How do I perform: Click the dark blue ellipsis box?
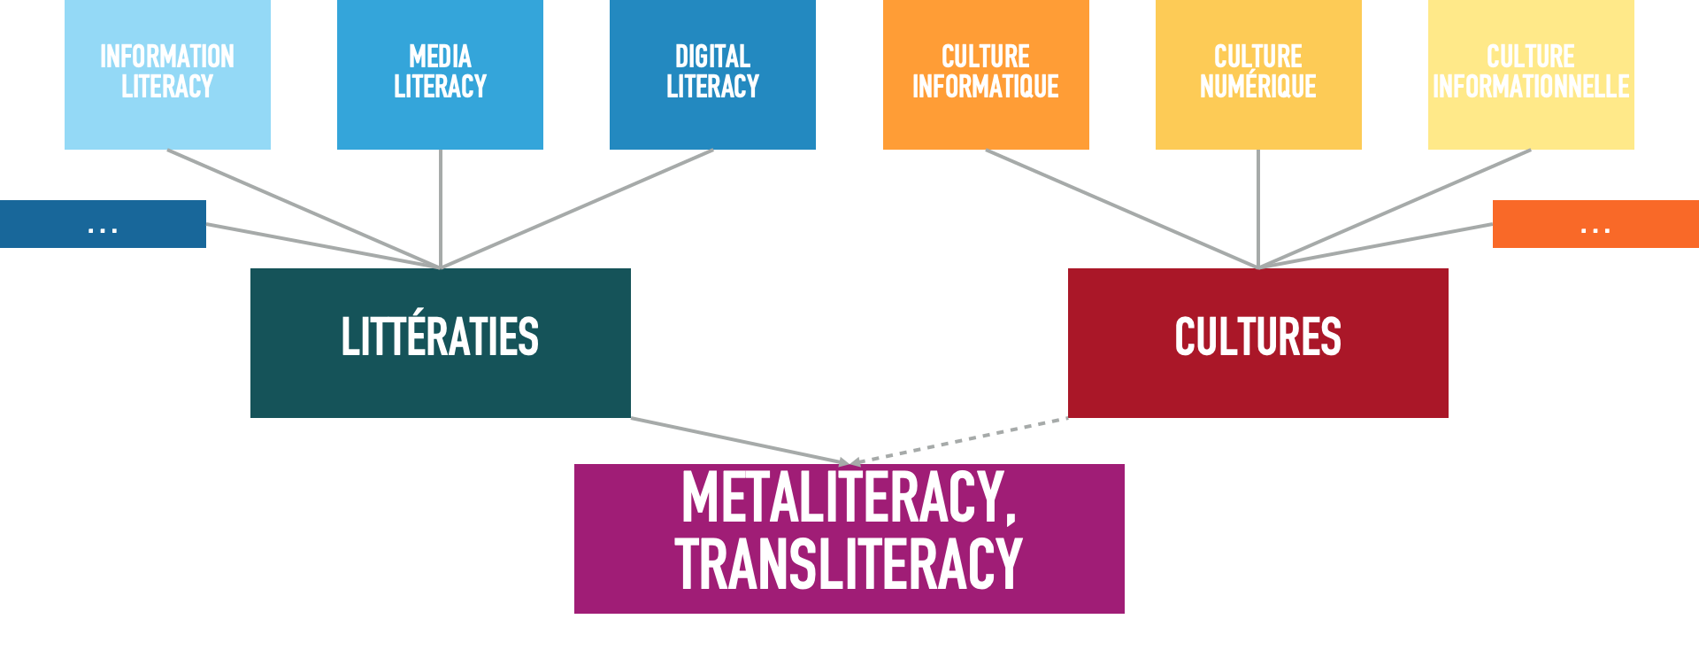[x=103, y=224]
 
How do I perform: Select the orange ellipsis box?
[x=1595, y=224]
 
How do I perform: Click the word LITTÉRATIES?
[x=440, y=337]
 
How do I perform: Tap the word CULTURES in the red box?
[x=1257, y=337]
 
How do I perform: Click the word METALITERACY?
[x=848, y=498]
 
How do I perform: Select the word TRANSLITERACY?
[x=848, y=564]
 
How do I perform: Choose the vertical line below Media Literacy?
[x=441, y=208]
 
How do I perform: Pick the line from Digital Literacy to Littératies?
[x=577, y=208]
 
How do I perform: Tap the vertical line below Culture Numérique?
[x=1258, y=208]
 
